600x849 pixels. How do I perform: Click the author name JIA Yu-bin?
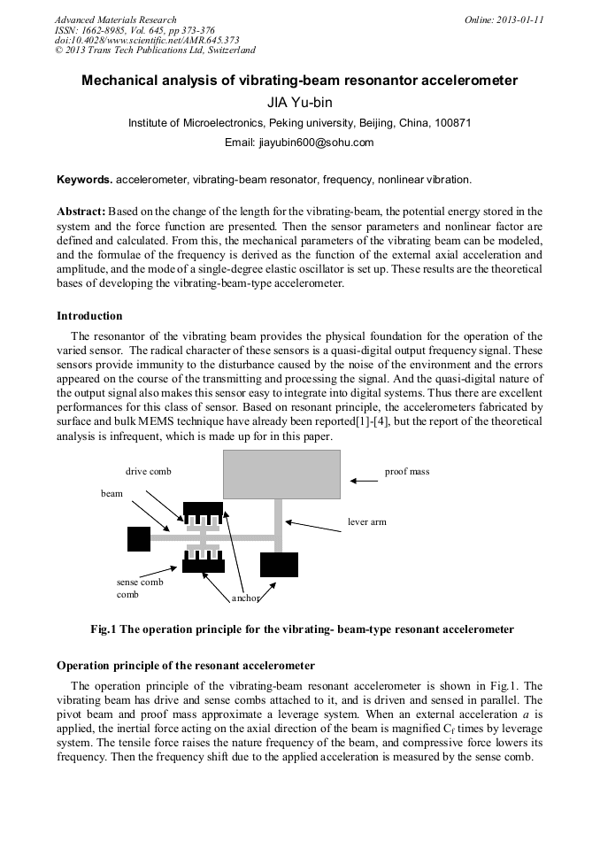click(x=299, y=102)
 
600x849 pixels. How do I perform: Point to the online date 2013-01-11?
click(x=520, y=19)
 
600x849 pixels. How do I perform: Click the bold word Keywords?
click(x=84, y=180)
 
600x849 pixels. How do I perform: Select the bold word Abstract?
click(x=81, y=212)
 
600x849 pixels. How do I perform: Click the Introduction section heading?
click(x=89, y=316)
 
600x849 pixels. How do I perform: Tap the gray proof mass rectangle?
click(x=281, y=474)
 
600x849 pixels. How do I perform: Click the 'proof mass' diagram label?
click(x=406, y=472)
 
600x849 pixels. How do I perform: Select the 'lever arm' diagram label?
click(x=367, y=522)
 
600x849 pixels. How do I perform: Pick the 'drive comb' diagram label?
click(x=148, y=472)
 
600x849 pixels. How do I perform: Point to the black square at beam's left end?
click(x=139, y=538)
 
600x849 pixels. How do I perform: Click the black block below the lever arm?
click(x=279, y=564)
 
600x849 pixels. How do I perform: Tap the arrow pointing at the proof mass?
click(x=364, y=481)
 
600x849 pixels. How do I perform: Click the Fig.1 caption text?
click(x=302, y=629)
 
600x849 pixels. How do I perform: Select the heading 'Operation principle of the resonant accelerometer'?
click(x=186, y=665)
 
